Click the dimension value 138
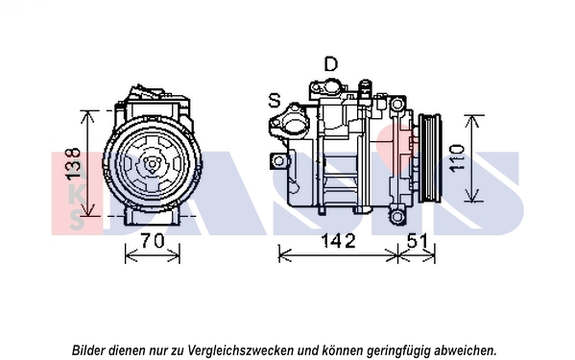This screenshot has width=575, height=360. [x=73, y=163]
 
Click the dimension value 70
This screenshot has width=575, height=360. [x=153, y=241]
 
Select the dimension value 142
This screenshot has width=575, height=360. [x=338, y=241]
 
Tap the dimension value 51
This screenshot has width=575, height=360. [x=418, y=241]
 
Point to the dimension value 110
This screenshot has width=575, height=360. [x=457, y=158]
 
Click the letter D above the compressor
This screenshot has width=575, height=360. [x=331, y=64]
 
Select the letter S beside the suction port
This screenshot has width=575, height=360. [x=275, y=100]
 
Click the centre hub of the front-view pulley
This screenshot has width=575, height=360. [x=152, y=164]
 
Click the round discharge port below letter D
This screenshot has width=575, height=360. [x=331, y=87]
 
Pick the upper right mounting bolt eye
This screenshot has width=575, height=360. [x=396, y=105]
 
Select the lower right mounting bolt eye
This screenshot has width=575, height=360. [x=396, y=217]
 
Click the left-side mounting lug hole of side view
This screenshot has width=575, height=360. [x=279, y=160]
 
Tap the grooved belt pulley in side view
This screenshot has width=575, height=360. [x=430, y=158]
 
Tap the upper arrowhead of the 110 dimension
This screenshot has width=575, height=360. [x=471, y=122]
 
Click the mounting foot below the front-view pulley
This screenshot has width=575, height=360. [x=153, y=217]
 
